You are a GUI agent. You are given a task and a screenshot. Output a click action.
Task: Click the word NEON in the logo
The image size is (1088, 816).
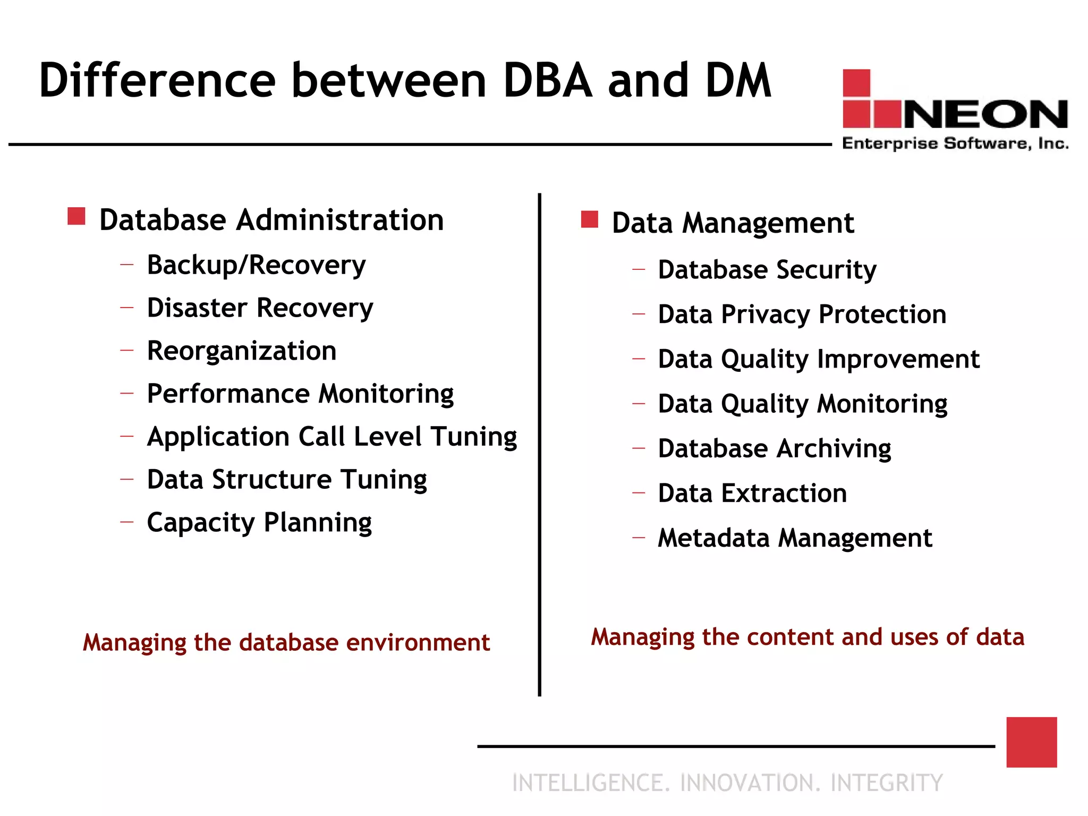pos(985,114)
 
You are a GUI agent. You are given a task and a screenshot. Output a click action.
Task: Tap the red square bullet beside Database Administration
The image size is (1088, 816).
pos(76,216)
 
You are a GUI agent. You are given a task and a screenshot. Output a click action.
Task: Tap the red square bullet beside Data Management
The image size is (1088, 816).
pos(590,219)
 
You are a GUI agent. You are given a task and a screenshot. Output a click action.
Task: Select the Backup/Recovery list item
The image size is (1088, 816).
pos(256,265)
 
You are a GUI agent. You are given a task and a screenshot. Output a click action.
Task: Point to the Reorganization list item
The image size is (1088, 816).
pos(242,351)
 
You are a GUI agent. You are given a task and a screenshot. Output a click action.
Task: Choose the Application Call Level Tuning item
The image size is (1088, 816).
pos(332,437)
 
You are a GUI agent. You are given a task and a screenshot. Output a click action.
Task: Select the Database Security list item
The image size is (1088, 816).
pos(767,270)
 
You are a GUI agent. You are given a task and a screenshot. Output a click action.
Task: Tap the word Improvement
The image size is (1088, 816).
pos(898,359)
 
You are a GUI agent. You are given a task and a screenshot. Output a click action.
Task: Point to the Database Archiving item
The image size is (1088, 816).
pos(775,449)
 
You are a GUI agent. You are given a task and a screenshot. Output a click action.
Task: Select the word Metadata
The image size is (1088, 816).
pos(713,538)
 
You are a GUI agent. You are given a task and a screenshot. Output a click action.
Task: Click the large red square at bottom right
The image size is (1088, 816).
pos(1031,742)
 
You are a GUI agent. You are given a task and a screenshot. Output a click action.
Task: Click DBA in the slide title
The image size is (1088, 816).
pos(548,81)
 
